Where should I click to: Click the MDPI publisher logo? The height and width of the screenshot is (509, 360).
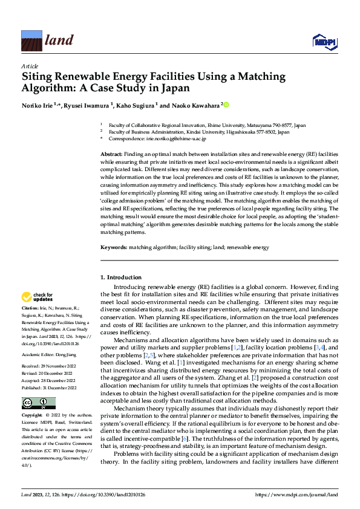click(323, 41)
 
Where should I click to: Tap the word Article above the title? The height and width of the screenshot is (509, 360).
click(30, 66)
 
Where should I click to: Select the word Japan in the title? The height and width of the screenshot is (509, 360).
click(175, 88)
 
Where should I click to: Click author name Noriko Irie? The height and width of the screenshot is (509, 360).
click(39, 105)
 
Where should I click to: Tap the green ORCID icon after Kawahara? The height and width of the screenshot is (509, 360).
click(226, 105)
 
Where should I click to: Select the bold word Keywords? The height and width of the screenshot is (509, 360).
click(114, 248)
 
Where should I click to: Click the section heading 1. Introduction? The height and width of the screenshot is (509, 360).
click(120, 277)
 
